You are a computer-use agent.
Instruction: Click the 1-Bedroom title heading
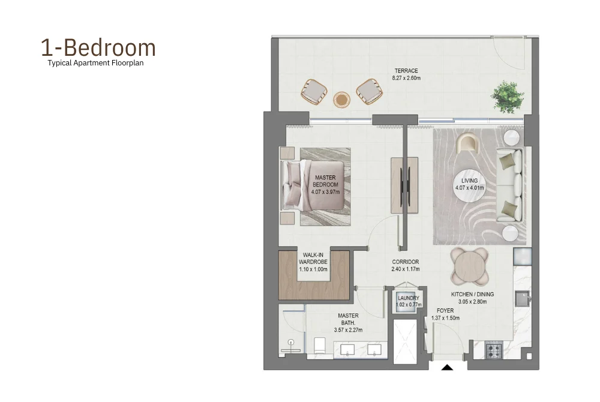pyautogui.click(x=98, y=47)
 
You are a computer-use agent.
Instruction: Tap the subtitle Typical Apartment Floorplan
pyautogui.click(x=96, y=62)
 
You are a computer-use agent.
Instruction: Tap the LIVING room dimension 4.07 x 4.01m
pyautogui.click(x=469, y=188)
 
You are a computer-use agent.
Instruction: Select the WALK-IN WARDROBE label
pyautogui.click(x=314, y=262)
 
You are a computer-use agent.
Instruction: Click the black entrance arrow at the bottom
pyautogui.click(x=447, y=366)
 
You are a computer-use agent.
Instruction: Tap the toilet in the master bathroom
pyautogui.click(x=319, y=346)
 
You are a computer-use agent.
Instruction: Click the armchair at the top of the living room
pyautogui.click(x=468, y=144)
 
